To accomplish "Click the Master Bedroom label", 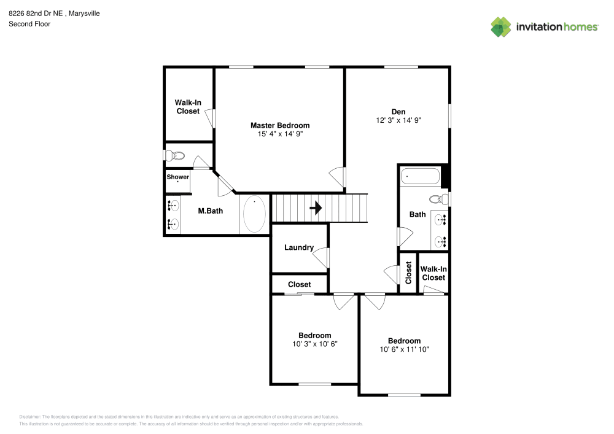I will (x=279, y=125).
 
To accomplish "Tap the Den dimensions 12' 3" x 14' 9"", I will (x=398, y=121).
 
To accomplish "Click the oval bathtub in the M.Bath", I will (x=254, y=214).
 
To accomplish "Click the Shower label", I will (x=178, y=177).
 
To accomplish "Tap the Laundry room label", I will (x=299, y=248).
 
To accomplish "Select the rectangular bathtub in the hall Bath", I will (x=421, y=177).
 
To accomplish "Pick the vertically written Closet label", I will (x=408, y=273).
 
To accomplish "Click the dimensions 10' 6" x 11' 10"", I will (x=404, y=349).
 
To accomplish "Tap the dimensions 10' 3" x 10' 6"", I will (x=314, y=344).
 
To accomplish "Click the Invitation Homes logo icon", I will (x=500, y=26).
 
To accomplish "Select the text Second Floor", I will (x=29, y=24).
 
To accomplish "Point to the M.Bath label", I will (x=210, y=211).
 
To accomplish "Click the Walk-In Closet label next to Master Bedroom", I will (x=188, y=107).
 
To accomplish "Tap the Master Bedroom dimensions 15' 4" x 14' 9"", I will (x=279, y=133).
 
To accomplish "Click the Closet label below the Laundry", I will (x=299, y=284).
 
